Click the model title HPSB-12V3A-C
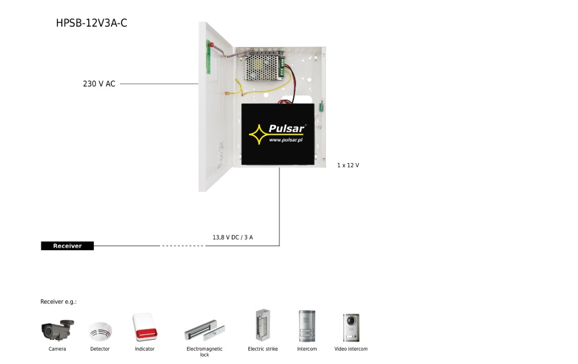click(91, 23)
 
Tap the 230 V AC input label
click(99, 84)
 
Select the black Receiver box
click(67, 246)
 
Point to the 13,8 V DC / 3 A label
click(233, 237)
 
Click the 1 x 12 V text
click(348, 165)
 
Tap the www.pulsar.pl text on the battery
click(285, 139)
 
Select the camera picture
click(57, 330)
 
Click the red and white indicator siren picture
click(145, 327)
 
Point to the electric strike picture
click(263, 326)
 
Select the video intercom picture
click(351, 327)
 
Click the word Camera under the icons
click(57, 349)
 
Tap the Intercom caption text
click(307, 349)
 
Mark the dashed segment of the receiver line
click(183, 246)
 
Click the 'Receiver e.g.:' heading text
click(59, 301)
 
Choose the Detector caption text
click(100, 349)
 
